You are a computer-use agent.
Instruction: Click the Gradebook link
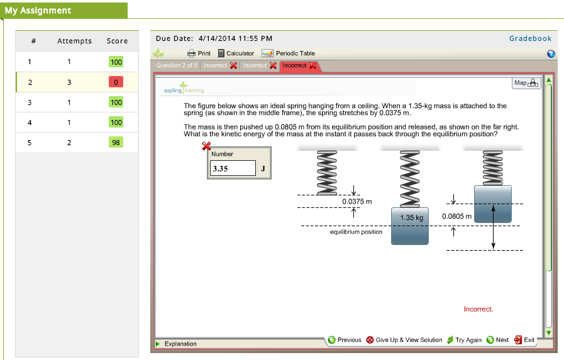click(x=530, y=38)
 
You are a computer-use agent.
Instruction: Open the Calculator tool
click(x=236, y=53)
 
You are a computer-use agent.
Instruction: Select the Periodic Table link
click(x=289, y=53)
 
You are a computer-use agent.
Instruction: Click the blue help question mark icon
click(x=551, y=54)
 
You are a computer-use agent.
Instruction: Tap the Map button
click(x=526, y=83)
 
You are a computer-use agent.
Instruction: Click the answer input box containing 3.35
click(x=233, y=168)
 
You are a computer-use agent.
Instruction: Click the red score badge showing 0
click(x=116, y=82)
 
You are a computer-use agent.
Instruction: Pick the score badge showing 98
click(x=116, y=142)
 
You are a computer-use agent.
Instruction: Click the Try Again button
click(x=465, y=340)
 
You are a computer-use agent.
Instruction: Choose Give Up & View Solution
click(x=404, y=340)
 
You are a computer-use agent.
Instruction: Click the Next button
click(x=497, y=340)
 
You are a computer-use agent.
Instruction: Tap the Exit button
click(x=524, y=340)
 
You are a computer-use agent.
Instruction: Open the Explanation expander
click(x=176, y=344)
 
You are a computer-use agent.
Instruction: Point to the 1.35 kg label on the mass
click(x=411, y=218)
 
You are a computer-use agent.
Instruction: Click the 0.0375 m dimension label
click(x=357, y=202)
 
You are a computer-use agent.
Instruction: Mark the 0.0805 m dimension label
click(x=456, y=216)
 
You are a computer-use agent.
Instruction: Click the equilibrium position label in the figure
click(x=356, y=232)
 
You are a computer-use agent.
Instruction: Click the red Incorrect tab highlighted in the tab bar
click(x=299, y=66)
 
